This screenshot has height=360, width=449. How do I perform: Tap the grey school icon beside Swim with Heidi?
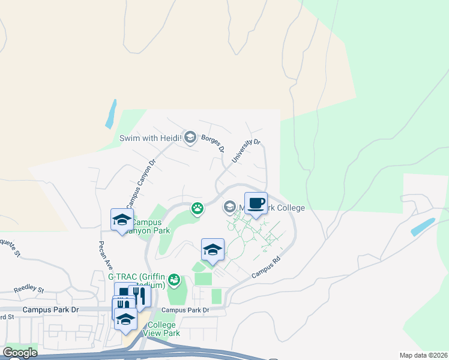190,138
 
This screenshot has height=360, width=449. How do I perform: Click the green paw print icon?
197,208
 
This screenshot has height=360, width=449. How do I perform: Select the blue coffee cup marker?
256,202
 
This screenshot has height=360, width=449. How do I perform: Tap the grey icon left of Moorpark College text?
229,208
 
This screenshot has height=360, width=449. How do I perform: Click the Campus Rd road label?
266,268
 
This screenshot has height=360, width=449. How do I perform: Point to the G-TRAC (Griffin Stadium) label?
137,281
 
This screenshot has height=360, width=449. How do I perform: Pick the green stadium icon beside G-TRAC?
174,279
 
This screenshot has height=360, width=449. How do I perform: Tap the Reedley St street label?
29,289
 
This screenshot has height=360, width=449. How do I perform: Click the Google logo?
19,353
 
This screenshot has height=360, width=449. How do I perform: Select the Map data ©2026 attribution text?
423,355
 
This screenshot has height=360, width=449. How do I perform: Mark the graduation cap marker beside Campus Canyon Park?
122,220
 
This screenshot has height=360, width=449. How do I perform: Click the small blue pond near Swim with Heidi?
111,113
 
